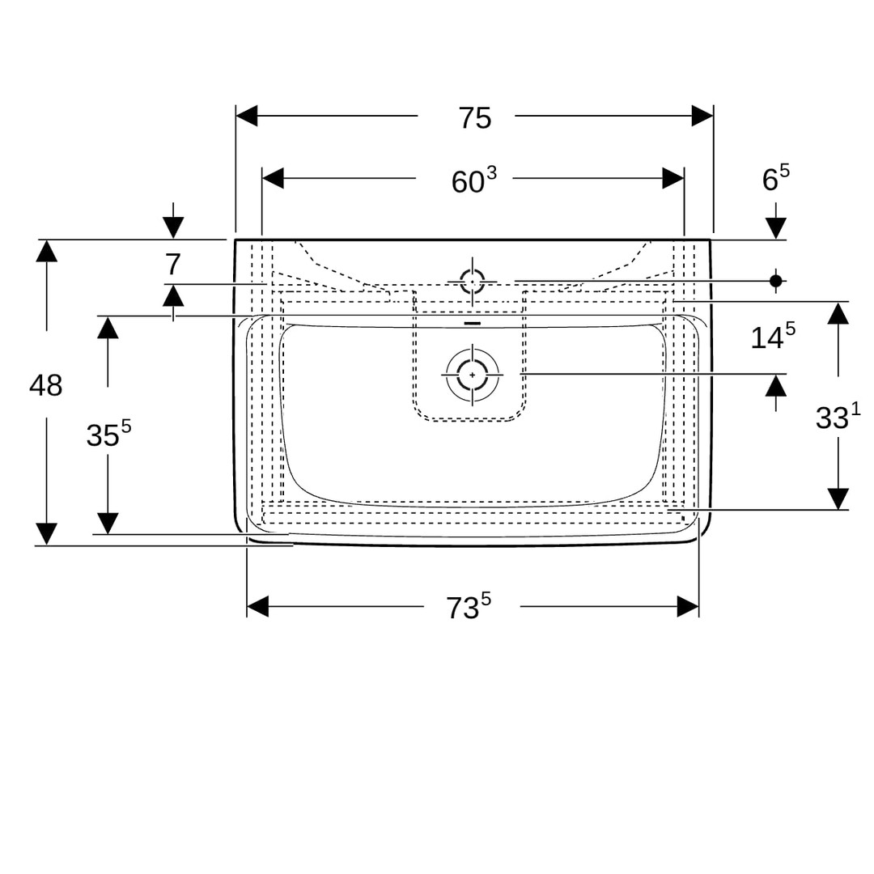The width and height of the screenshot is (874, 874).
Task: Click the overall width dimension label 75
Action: coord(475,118)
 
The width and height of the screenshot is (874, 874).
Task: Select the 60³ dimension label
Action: coord(473,180)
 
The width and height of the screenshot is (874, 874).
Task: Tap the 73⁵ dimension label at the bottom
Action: coord(469,606)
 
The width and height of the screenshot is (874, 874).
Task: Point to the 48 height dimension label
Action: coord(45,385)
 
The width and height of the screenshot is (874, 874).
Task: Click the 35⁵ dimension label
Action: coord(108,434)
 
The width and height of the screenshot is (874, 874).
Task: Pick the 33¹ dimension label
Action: coord(838,417)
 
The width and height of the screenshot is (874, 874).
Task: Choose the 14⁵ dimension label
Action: coord(773,336)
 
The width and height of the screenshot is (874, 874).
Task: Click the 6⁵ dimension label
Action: coord(776,178)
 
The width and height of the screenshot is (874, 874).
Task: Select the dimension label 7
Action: coord(173,264)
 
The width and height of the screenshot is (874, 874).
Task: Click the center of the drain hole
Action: coord(473,375)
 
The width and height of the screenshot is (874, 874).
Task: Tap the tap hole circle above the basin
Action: coord(473,281)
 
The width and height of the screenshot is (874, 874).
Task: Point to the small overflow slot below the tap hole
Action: coord(473,323)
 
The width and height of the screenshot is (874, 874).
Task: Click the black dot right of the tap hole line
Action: coord(775,280)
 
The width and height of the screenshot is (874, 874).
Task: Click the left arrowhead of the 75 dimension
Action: coord(247,116)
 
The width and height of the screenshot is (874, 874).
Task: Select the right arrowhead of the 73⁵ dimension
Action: coord(688,606)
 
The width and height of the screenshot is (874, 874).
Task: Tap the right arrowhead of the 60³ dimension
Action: coord(673,178)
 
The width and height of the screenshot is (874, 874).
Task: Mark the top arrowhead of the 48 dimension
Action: coord(47,251)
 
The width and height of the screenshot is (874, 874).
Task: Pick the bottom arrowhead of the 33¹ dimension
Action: coord(838,499)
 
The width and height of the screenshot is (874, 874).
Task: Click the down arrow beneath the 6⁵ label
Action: coord(776,220)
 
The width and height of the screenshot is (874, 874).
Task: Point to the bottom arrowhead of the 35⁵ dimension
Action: coord(108,524)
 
